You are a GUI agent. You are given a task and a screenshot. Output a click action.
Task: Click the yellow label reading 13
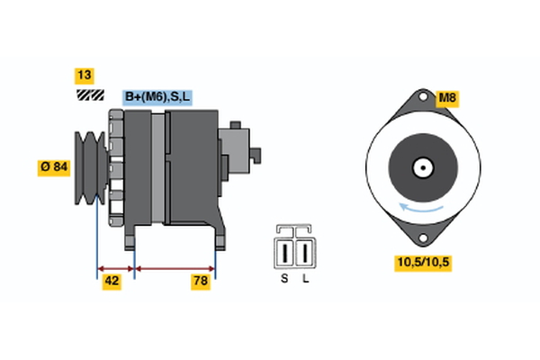85,76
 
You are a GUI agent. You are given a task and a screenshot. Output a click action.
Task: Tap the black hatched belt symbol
87,94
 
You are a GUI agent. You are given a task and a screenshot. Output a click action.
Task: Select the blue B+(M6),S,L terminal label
158,96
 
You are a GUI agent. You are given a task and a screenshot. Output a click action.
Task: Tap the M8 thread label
447,97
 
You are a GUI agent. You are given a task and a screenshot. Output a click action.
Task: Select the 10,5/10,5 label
420,263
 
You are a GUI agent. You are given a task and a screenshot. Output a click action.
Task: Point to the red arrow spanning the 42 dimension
115,267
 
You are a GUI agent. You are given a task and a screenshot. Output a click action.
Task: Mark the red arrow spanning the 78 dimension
175,267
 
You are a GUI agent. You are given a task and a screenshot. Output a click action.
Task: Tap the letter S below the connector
283,279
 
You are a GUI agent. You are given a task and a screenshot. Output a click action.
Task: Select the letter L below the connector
306,279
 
